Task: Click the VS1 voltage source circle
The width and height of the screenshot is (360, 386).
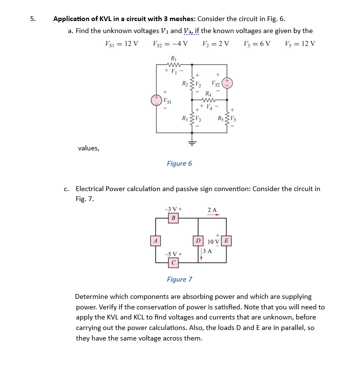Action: (156, 100)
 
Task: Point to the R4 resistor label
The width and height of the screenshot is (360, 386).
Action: (208, 94)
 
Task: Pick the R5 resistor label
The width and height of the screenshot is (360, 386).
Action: (220, 118)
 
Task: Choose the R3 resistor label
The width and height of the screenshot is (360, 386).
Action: (184, 118)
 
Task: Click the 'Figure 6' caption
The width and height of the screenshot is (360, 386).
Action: (180, 163)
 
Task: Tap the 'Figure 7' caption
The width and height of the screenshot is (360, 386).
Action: (180, 279)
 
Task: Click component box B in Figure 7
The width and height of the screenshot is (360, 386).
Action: (174, 218)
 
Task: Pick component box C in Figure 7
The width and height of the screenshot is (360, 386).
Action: (174, 262)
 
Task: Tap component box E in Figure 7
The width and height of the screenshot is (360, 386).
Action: (227, 240)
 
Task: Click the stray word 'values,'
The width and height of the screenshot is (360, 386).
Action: (89, 148)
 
